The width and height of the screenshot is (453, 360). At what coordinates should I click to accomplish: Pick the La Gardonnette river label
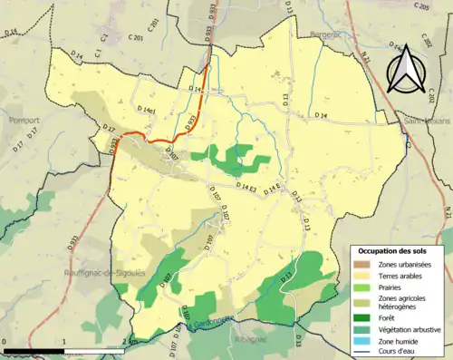[x=206, y=326]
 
